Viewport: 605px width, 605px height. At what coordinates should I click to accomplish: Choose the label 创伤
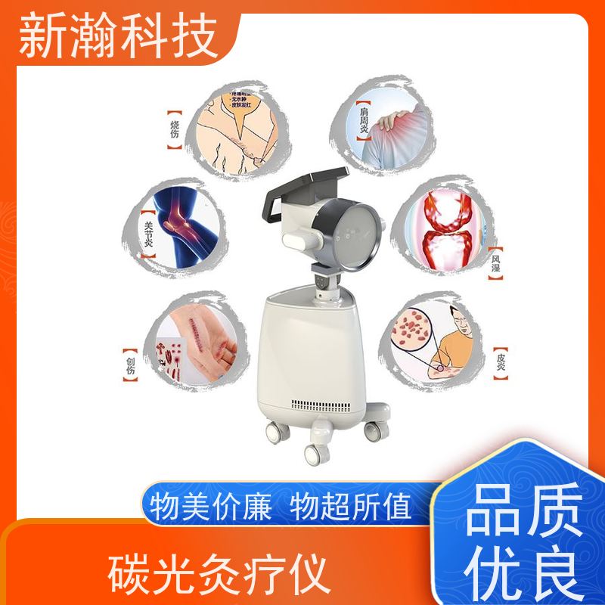[131, 361]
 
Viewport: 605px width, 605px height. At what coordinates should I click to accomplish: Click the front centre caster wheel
[313, 453]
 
